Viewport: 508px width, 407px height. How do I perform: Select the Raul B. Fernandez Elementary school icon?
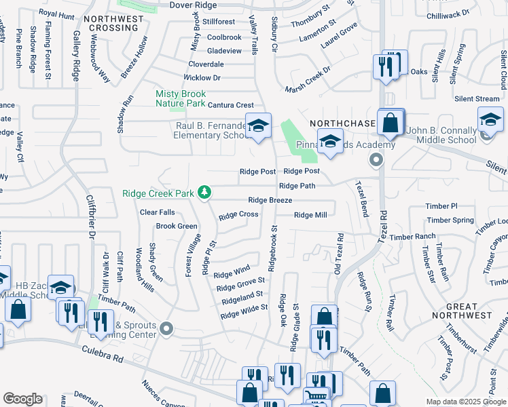[x=258, y=126]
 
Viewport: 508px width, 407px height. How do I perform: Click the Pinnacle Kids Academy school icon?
[x=330, y=142]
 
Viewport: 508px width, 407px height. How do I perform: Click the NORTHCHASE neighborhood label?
[x=342, y=123]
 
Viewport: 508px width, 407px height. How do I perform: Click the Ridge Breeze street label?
[x=270, y=200]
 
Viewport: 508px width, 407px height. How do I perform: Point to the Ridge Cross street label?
[x=238, y=215]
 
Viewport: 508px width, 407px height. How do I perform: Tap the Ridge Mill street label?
[x=310, y=215]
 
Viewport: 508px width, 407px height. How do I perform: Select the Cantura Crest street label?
[x=230, y=105]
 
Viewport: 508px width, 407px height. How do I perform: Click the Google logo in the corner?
[x=22, y=399]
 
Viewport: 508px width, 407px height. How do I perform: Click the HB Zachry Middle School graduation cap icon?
[x=61, y=287]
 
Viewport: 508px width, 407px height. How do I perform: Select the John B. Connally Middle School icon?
[x=490, y=121]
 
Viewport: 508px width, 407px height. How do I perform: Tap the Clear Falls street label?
[x=157, y=212]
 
